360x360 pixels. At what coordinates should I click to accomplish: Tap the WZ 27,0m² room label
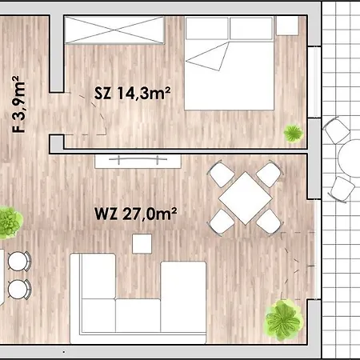[x=134, y=214]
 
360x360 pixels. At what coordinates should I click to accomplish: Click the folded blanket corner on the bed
[x=210, y=58]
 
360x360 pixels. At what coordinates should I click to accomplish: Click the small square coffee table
[x=144, y=242]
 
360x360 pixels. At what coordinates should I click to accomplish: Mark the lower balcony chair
[x=342, y=189]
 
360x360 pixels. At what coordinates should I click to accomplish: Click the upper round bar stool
[x=20, y=260]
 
